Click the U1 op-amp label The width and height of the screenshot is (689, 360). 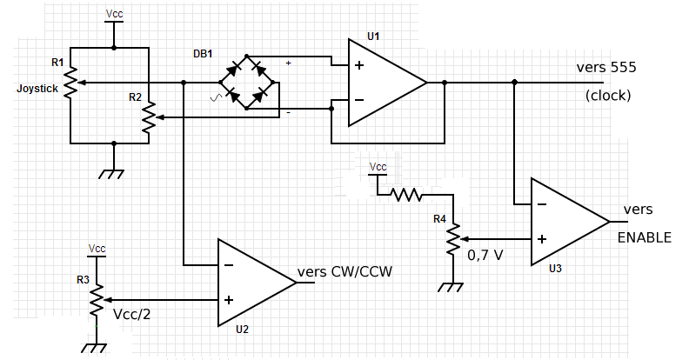374,36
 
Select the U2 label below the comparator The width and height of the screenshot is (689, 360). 242,330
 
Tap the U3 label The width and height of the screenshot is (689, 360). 556,269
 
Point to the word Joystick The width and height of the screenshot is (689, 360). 37,88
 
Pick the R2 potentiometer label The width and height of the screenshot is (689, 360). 135,97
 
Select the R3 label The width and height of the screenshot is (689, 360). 83,279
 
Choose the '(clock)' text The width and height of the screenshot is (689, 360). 608,96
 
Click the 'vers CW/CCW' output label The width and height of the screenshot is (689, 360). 345,271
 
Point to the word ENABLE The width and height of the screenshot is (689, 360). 645,237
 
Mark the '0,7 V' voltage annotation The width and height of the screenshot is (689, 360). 485,257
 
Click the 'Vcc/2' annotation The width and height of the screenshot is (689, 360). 132,313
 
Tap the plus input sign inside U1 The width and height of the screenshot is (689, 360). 358,65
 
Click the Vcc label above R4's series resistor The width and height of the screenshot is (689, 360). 378,166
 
